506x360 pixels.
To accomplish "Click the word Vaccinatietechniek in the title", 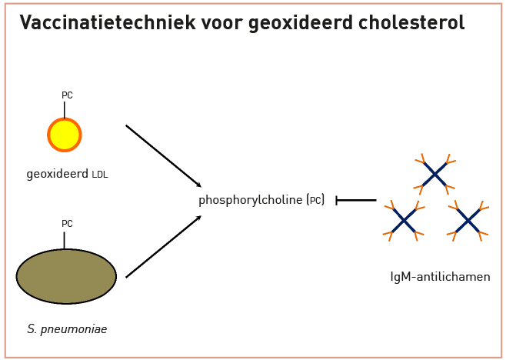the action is coord(108,22).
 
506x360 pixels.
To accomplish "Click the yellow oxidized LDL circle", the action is coord(65,135).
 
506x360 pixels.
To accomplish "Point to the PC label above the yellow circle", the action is coord(67,95).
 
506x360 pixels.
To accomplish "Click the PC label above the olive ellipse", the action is coord(67,223).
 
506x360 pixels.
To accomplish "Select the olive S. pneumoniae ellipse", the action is coord(66,276).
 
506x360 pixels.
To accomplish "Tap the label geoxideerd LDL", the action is coord(67,175).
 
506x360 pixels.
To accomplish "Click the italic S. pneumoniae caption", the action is coord(67,329).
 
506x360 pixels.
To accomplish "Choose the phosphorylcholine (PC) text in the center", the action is coord(261,200).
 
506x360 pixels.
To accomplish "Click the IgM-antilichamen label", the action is coord(440,277).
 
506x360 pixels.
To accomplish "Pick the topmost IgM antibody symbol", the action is coord(434,175).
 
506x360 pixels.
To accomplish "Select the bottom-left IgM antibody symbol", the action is coord(404,221).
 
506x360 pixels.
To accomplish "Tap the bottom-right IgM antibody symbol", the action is coord(468,221).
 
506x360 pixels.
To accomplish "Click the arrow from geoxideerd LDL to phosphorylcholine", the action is coord(164,156).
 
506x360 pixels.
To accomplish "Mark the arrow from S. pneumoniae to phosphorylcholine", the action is coord(164,247).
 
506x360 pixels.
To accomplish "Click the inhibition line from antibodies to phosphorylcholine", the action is coord(356,200).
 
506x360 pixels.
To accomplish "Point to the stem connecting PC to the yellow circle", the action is coord(65,110).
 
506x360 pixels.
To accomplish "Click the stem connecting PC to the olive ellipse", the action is coord(64,241).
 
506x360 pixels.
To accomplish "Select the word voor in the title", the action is coord(222,22).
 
